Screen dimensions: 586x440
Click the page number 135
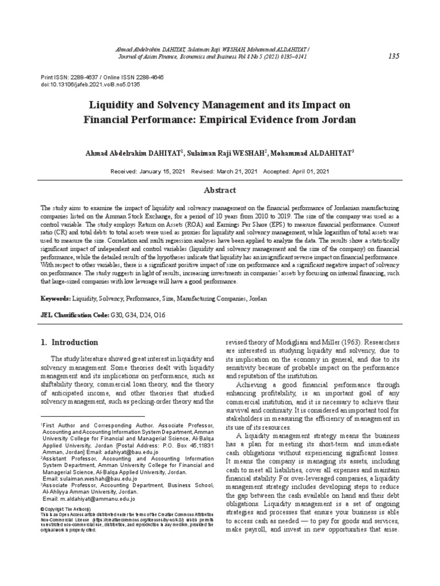(x=394, y=56)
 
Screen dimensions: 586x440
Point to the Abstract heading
(x=219, y=190)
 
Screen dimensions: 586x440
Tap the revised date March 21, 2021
(x=235, y=171)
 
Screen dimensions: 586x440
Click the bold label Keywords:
(x=56, y=299)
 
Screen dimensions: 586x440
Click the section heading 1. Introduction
(x=69, y=342)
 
